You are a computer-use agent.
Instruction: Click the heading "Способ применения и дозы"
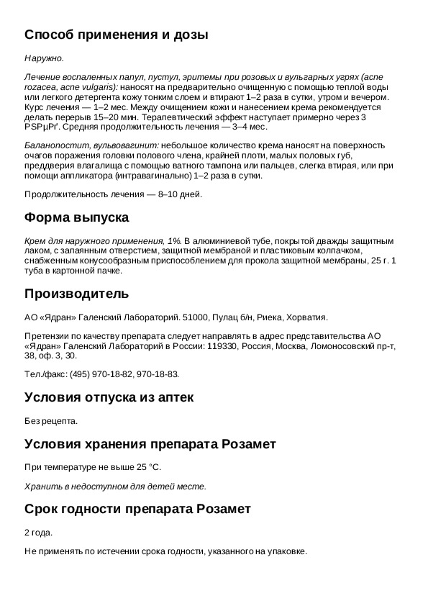point(116,35)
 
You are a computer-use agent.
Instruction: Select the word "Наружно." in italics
point(44,58)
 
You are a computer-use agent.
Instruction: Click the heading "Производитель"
point(76,294)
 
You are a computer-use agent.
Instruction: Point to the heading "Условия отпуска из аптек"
point(109,397)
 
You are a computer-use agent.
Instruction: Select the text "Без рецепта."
point(50,421)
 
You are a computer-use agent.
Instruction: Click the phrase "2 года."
point(39,533)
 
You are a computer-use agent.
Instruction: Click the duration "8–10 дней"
point(179,194)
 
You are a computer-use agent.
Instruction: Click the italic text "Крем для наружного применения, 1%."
point(103,241)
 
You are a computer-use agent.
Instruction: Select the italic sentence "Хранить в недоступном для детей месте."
point(115,486)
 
